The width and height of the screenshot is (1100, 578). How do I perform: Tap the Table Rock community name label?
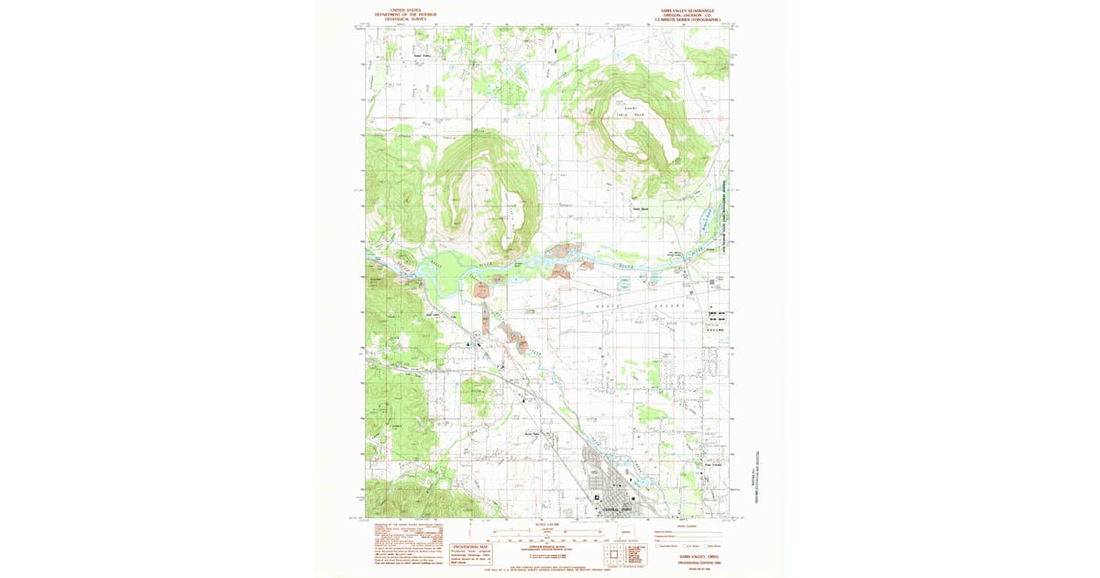[640, 207]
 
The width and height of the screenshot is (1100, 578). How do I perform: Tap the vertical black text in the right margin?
[757, 477]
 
